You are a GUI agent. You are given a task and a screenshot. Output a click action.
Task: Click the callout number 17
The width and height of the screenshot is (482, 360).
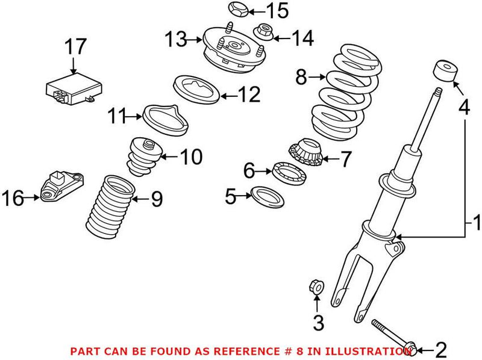[x=77, y=47]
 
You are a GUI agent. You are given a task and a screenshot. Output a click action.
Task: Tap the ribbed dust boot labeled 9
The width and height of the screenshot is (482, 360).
[x=108, y=205]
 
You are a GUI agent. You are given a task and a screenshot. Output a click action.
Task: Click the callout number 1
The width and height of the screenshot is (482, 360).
[x=475, y=225]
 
